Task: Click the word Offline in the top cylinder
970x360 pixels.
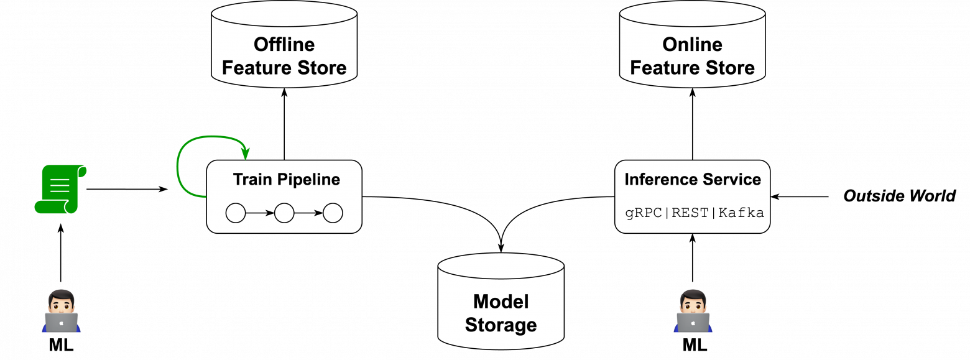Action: click(284, 45)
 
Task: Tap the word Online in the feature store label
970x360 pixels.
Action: click(692, 45)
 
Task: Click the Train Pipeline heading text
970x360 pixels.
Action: click(286, 180)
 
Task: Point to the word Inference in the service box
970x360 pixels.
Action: click(658, 180)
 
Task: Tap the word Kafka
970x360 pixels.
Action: click(741, 213)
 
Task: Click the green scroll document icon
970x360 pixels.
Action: click(60, 189)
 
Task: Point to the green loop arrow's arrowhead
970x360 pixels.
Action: click(247, 153)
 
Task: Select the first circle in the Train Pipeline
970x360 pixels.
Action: click(236, 213)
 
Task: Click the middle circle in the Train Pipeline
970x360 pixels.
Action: click(284, 213)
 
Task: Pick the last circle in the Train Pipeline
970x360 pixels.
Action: click(333, 213)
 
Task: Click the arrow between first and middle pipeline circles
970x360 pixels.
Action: click(260, 213)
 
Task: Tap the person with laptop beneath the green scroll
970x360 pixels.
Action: click(62, 311)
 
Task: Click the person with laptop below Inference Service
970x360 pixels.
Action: click(693, 311)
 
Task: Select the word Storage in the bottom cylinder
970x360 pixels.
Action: click(501, 325)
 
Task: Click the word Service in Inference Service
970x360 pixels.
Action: click(731, 180)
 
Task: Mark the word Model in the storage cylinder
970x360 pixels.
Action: click(501, 302)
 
